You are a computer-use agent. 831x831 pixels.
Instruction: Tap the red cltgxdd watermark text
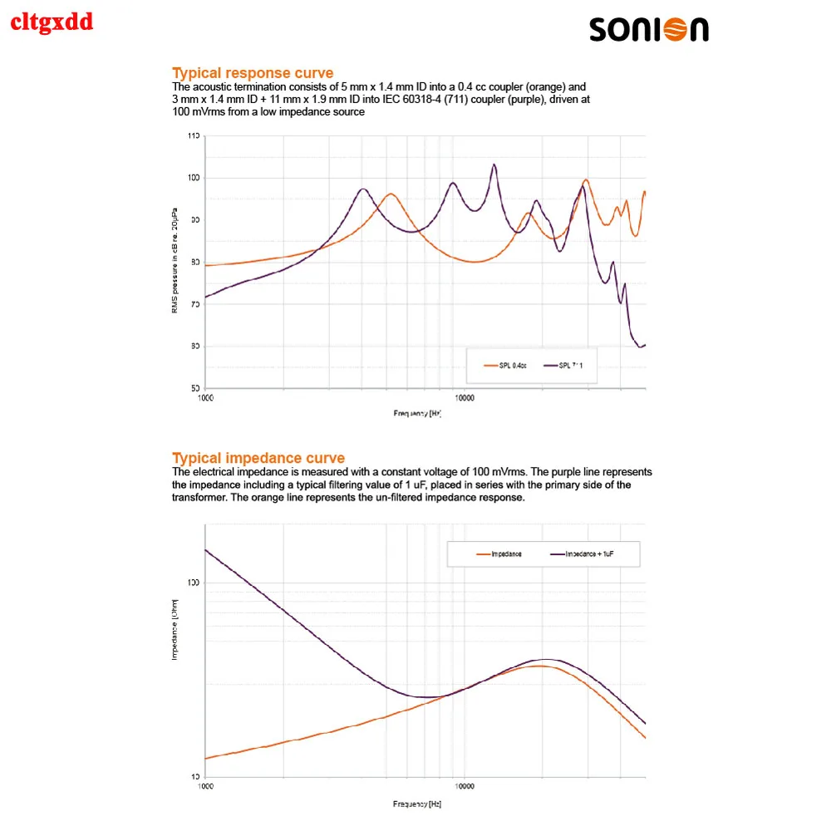[52, 22]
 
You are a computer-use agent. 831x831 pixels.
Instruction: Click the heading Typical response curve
[253, 73]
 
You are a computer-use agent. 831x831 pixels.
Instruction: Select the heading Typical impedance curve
[258, 458]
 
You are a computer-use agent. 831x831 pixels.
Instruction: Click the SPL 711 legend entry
[570, 366]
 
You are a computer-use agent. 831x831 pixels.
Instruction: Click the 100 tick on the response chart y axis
[194, 178]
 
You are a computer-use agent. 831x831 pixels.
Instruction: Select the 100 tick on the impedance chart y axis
[194, 583]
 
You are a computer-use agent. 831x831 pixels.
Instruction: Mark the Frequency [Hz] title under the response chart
[417, 412]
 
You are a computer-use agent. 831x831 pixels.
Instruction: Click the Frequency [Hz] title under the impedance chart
[417, 804]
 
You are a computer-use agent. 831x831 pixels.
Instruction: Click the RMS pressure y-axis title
[175, 262]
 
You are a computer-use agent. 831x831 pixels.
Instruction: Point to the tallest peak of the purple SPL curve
[494, 165]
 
